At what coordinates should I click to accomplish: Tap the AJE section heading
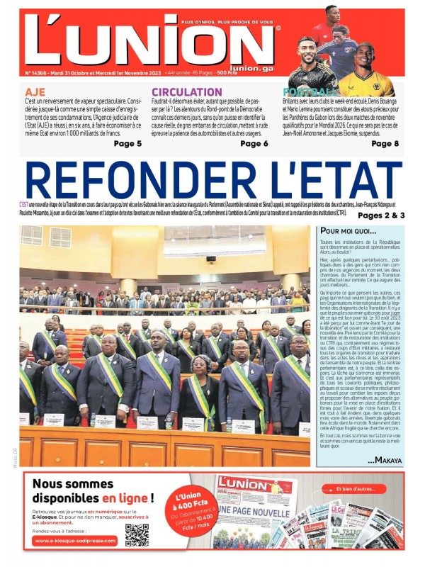pyautogui.click(x=35, y=92)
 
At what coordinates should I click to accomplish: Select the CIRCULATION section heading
pyautogui.click(x=186, y=92)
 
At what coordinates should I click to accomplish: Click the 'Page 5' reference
pyautogui.click(x=127, y=143)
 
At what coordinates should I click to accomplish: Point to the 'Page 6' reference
pyautogui.click(x=254, y=143)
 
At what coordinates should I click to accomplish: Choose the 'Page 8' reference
pyautogui.click(x=385, y=143)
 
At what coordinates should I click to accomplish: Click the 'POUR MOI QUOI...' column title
pyautogui.click(x=349, y=231)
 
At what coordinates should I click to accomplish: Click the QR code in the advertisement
pyautogui.click(x=137, y=535)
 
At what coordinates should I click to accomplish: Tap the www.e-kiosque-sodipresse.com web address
pyautogui.click(x=74, y=541)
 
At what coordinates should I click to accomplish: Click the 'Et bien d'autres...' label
pyautogui.click(x=367, y=488)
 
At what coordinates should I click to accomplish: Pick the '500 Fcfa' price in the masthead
pyautogui.click(x=231, y=72)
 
